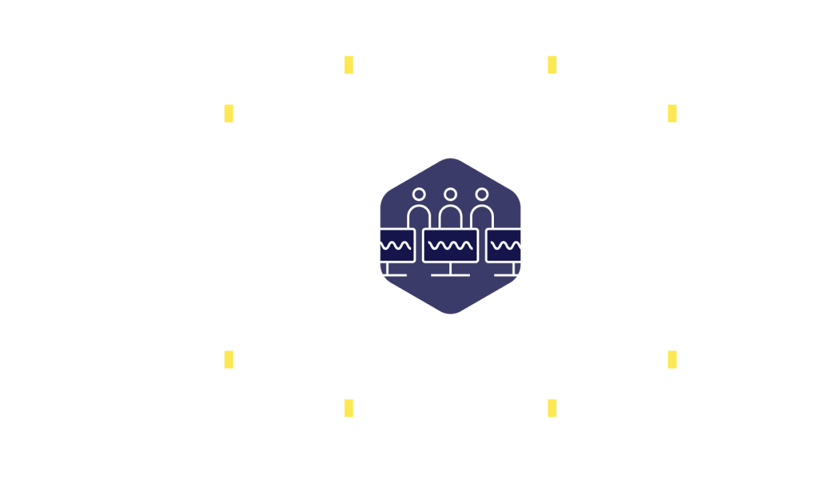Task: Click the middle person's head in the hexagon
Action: point(451,194)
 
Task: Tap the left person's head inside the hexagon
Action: point(419,194)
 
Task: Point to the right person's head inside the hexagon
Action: point(482,194)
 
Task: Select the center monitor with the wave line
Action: point(450,245)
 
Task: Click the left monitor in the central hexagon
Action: point(396,245)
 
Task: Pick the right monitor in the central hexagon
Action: point(504,245)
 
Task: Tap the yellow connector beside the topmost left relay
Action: point(348,65)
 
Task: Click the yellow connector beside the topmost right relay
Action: point(552,65)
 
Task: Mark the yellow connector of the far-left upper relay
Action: point(229,113)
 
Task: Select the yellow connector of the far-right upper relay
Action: point(672,113)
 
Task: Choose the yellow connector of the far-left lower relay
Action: point(229,360)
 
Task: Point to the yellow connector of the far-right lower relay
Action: point(672,360)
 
